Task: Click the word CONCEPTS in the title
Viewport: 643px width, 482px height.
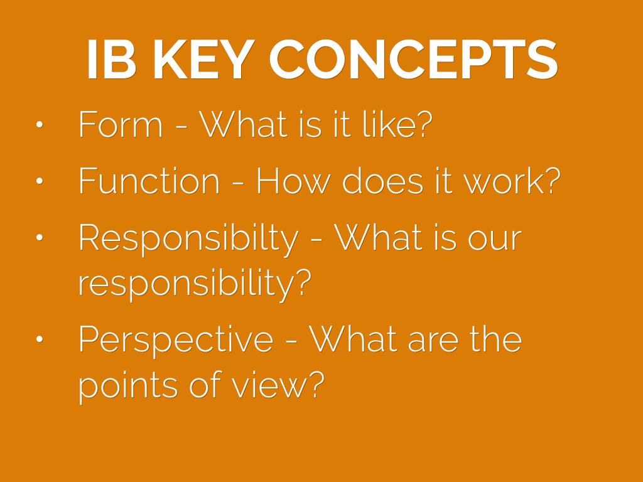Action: coord(413,59)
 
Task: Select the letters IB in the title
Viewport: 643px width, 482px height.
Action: coord(111,59)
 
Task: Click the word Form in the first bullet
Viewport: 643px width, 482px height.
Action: coord(121,124)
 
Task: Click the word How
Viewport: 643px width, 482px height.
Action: coord(293,180)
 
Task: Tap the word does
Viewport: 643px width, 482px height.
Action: coord(382,180)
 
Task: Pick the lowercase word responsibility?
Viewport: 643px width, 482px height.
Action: coord(195,284)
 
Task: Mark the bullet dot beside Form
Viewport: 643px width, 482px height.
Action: coord(40,125)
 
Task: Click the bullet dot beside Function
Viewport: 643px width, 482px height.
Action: coord(40,181)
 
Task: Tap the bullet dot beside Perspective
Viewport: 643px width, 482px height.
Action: coord(40,338)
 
